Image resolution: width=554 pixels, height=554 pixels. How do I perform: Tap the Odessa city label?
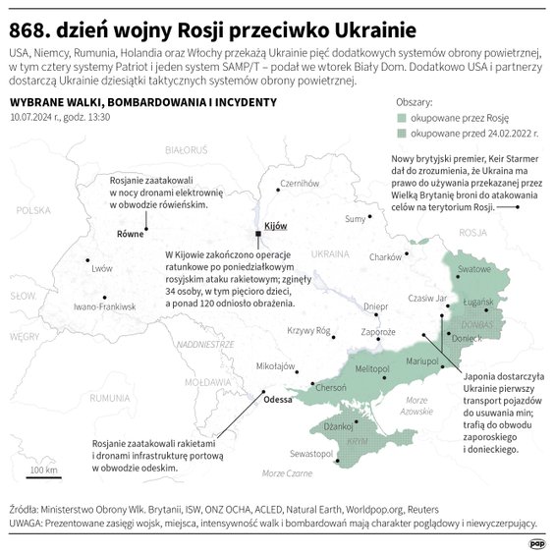tap(279, 400)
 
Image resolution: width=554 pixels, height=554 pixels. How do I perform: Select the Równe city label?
tap(132, 235)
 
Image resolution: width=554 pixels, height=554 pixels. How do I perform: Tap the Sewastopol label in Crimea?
tap(310, 455)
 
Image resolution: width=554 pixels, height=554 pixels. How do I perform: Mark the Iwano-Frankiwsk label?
tap(104, 307)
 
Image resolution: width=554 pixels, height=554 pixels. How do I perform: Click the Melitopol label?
tap(372, 368)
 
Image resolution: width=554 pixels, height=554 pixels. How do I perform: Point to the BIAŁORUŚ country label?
tap(187, 149)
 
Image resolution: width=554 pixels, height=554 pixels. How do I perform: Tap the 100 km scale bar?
tap(43, 477)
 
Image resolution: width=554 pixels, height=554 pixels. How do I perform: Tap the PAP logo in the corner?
tap(537, 540)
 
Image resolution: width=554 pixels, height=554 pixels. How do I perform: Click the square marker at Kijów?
tap(259, 234)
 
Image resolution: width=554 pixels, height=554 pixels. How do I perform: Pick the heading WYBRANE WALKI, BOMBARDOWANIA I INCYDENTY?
tap(142, 102)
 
